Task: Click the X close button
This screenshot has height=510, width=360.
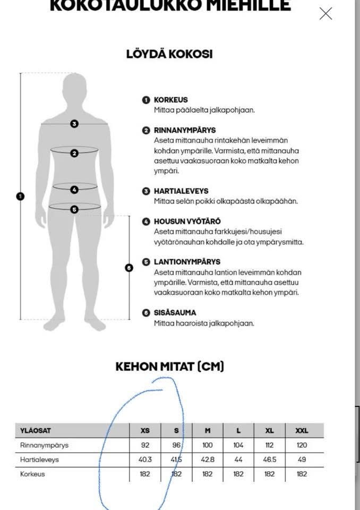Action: coord(325,14)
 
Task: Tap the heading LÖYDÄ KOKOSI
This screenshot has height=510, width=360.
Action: coord(169,54)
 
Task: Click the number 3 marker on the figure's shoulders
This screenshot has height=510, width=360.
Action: coord(74,124)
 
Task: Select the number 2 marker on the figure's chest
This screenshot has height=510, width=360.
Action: coord(74,153)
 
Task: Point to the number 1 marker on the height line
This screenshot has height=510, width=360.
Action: coord(20,196)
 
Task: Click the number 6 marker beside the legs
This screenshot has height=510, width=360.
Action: coord(128,268)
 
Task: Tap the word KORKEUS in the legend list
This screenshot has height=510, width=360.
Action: coord(170,100)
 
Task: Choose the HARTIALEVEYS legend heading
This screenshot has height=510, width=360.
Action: coord(181,191)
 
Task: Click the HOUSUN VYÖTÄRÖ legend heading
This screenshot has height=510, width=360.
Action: coord(187,222)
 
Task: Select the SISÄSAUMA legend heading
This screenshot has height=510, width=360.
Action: coord(175,313)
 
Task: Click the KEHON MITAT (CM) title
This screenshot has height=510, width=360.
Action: coord(169,367)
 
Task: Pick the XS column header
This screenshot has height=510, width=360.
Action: coord(145,431)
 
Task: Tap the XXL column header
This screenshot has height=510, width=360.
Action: coord(302,431)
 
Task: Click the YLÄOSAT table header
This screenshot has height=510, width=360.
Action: coord(36,431)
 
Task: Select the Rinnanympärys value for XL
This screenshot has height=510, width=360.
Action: coord(270,446)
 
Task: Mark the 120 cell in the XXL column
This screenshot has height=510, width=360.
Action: coord(302,446)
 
